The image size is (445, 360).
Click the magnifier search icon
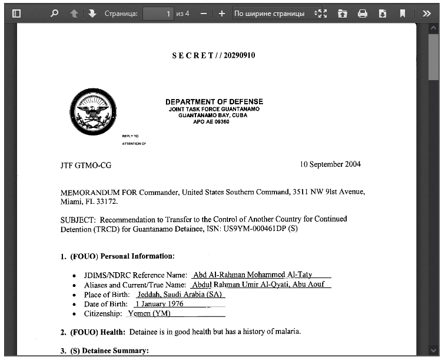[54, 13]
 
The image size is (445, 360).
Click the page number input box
[158, 13]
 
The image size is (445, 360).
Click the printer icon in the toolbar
[363, 13]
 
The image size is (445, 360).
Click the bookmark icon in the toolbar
[403, 13]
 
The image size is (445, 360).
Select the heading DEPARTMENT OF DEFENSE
[214, 102]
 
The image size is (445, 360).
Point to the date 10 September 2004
[330, 164]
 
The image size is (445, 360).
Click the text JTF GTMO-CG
[86, 166]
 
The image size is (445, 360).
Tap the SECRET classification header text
[213, 55]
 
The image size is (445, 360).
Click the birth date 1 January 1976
[159, 304]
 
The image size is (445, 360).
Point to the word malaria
[287, 332]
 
